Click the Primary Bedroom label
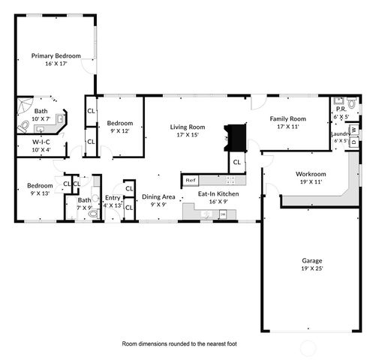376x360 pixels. tap(56, 55)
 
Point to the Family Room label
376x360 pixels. tap(288, 119)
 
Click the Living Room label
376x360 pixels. tap(187, 127)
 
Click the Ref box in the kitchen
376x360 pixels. tap(190, 181)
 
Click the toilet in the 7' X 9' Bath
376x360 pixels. tap(94, 214)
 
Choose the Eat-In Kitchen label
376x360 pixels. tap(218, 194)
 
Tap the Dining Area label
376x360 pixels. tap(158, 196)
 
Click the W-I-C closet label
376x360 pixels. tap(41, 141)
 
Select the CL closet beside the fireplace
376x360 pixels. tap(236, 162)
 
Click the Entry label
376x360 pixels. tap(113, 198)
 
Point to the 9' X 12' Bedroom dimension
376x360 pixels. tap(119, 131)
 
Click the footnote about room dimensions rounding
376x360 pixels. tap(179, 343)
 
